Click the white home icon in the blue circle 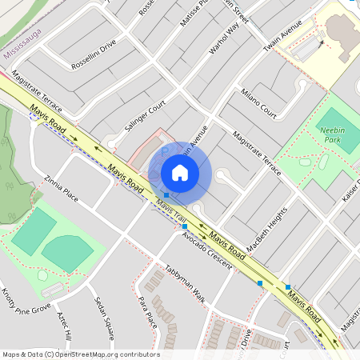[180, 173]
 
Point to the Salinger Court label [144, 115]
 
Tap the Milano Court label [258, 104]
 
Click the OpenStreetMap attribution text [80, 354]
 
